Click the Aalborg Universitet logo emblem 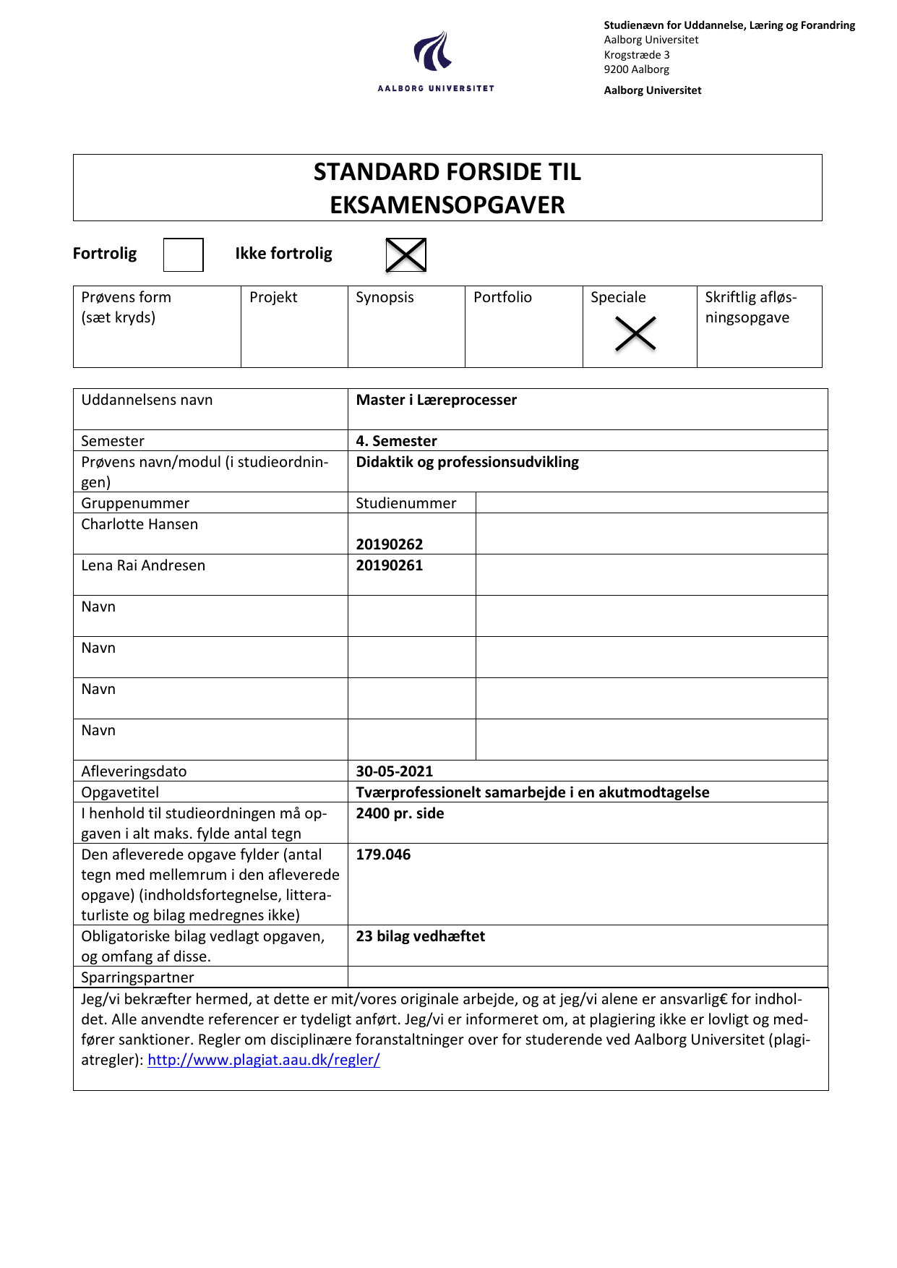point(433,51)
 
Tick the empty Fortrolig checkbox point(183,254)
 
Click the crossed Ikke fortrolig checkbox point(405,254)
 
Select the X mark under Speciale point(635,333)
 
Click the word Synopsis point(385,297)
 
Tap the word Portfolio point(502,297)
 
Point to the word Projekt point(273,297)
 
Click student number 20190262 point(389,544)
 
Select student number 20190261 point(389,565)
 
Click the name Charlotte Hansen point(140,524)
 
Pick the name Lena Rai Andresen point(143,565)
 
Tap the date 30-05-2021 point(394,771)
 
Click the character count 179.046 point(383,854)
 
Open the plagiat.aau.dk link point(264,1060)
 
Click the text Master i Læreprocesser point(436,400)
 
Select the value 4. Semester point(396,441)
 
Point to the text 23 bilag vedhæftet point(420,936)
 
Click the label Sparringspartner point(137,977)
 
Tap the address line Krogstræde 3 point(637,55)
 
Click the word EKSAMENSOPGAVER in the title point(447,205)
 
